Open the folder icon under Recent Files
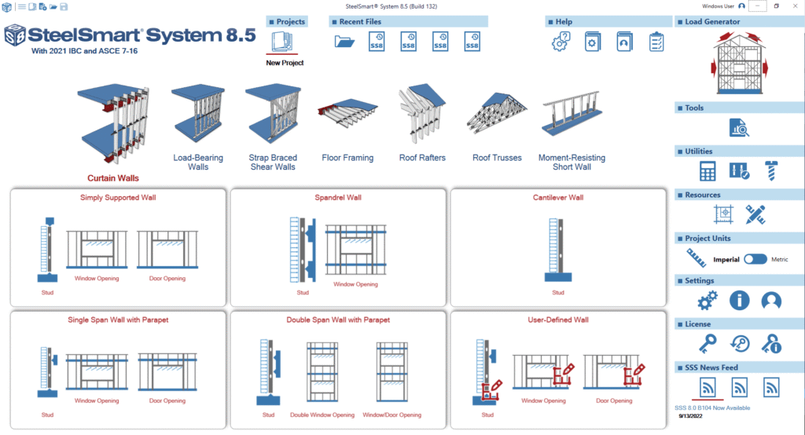[x=344, y=42]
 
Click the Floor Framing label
[x=347, y=158]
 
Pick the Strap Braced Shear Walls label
[x=273, y=162]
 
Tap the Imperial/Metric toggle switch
[x=755, y=259]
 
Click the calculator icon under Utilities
[x=708, y=171]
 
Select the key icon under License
[x=708, y=344]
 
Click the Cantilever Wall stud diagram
[x=557, y=250]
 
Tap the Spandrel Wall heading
[x=338, y=198]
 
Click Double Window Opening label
[x=322, y=415]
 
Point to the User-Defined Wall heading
[x=558, y=320]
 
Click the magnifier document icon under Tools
[x=738, y=127]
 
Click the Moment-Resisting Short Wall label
[x=572, y=162]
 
